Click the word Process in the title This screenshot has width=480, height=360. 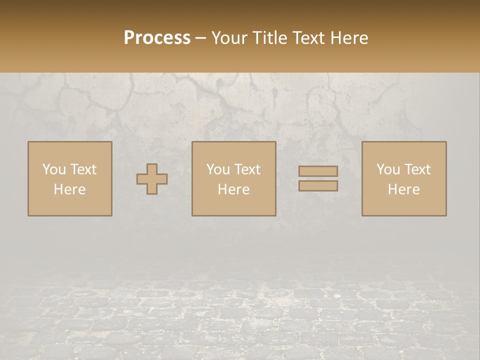tap(157, 38)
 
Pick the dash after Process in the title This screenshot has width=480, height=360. tap(201, 39)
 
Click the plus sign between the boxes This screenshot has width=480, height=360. tap(152, 179)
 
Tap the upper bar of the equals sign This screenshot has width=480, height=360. tap(318, 171)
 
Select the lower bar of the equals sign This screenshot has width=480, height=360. tap(318, 186)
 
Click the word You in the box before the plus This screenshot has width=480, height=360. tap(53, 169)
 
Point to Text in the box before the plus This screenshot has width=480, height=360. tap(83, 169)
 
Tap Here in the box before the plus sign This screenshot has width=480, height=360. tap(69, 189)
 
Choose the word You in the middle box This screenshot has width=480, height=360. tap(218, 169)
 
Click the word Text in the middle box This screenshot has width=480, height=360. tap(247, 169)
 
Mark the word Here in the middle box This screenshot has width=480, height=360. tap(234, 189)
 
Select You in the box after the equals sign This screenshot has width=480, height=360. tap(388, 169)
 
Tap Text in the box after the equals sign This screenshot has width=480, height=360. tap(417, 169)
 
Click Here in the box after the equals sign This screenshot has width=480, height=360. tap(404, 189)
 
